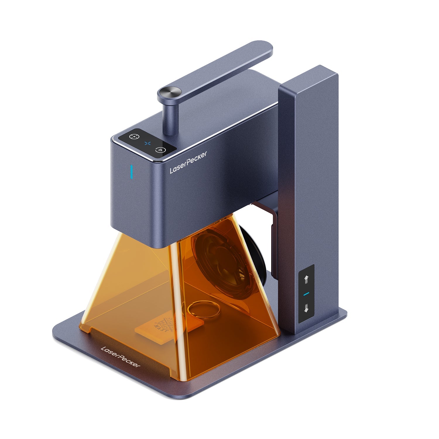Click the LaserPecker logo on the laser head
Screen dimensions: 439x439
tap(188, 162)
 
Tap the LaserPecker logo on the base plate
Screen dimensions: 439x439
tap(120, 357)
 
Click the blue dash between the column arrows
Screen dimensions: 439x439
tap(306, 294)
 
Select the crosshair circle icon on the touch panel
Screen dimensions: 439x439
tap(133, 136)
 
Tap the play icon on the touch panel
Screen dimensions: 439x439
tap(160, 150)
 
